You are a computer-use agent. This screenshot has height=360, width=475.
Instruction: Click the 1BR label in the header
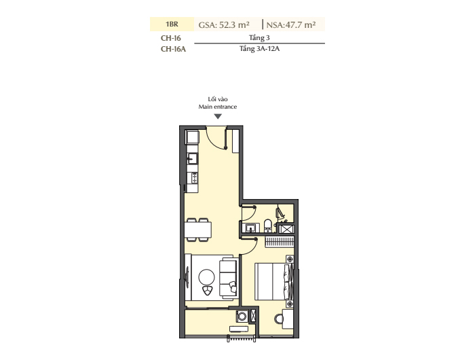(x=172, y=24)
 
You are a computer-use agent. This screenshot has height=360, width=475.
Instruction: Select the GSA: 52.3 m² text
(x=224, y=25)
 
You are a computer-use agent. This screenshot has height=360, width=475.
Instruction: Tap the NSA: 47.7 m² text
(x=291, y=25)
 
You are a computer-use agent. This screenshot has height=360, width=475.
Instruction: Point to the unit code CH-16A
(x=173, y=49)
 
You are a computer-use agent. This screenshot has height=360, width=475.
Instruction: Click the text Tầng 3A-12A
(x=259, y=48)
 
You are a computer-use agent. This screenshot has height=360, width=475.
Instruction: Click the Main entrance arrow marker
(x=218, y=116)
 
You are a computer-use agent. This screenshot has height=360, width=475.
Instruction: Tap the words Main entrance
(x=218, y=107)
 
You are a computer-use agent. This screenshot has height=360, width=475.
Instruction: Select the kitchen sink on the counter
(x=192, y=158)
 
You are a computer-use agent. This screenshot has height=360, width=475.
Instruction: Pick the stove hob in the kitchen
(x=194, y=177)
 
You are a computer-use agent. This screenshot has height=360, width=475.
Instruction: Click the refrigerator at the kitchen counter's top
(x=192, y=137)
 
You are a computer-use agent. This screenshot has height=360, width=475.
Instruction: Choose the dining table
(x=198, y=230)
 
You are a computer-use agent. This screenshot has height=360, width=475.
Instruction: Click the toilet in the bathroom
(x=268, y=226)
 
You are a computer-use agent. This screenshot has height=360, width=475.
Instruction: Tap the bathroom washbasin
(x=251, y=228)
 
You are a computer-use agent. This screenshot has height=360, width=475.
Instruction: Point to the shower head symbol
(x=280, y=213)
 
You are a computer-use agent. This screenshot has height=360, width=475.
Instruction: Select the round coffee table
(x=206, y=277)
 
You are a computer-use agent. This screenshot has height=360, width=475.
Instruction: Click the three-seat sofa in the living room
(x=228, y=277)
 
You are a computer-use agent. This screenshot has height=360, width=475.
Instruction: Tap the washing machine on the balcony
(x=242, y=317)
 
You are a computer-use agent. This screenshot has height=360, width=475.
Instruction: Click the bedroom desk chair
(x=279, y=319)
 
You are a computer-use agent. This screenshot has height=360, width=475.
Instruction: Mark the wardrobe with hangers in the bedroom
(x=280, y=242)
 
